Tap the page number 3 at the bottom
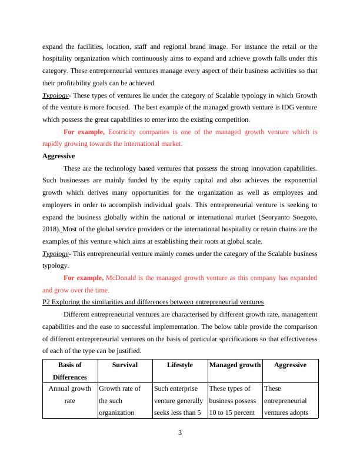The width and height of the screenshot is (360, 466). (x=180, y=434)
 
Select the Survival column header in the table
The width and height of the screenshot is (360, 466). (x=124, y=365)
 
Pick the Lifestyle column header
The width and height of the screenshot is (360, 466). (x=179, y=365)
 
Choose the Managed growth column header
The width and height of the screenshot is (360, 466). (x=235, y=365)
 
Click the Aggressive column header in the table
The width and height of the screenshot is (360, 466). (x=290, y=365)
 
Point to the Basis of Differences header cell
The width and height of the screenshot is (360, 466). (x=69, y=371)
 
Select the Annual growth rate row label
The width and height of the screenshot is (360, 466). (x=69, y=394)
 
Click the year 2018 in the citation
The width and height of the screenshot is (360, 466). (x=51, y=228)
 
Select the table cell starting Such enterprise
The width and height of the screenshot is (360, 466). (x=179, y=400)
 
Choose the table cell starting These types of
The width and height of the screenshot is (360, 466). (x=235, y=400)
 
